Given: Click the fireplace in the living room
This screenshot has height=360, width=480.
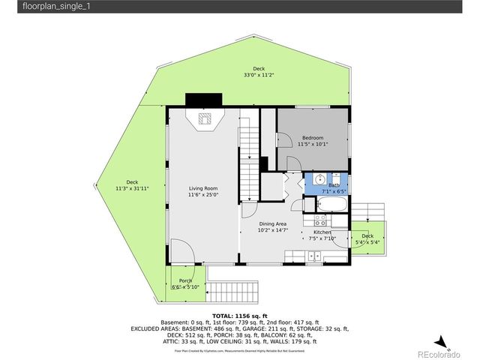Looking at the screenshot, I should point(204,119).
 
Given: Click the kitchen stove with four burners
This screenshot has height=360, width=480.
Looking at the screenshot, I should point(320,221).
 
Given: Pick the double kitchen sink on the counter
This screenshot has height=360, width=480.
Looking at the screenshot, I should point(316,257).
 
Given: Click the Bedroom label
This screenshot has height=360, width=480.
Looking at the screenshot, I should point(313,138).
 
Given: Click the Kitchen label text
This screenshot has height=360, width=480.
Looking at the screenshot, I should point(322,232).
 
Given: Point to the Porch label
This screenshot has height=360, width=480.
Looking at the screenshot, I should point(185,280).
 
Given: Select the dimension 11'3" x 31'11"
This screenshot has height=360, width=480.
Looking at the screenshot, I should point(132,187).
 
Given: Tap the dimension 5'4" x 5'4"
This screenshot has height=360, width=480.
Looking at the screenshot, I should point(367,241).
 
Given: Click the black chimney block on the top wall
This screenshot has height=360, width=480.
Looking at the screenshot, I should point(203,100).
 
